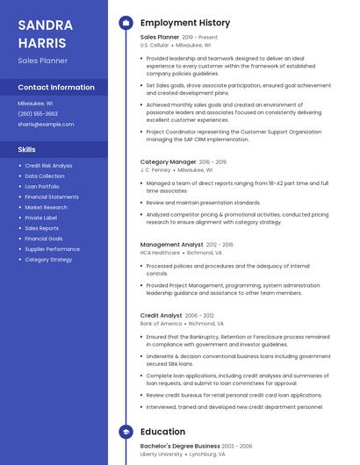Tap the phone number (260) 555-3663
(x=38, y=113)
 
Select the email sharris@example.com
(x=46, y=125)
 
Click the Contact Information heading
(x=56, y=88)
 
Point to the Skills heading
(x=27, y=150)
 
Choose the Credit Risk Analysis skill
(x=48, y=165)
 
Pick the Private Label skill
(x=40, y=218)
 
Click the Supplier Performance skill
(x=52, y=249)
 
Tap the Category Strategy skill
(x=48, y=260)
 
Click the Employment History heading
(x=185, y=23)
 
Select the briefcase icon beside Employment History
(x=126, y=23)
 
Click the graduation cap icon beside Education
(x=126, y=432)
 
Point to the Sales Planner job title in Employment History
(x=160, y=38)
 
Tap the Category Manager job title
(x=168, y=161)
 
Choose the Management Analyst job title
(x=171, y=245)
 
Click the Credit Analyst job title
(x=162, y=315)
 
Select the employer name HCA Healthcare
(x=160, y=253)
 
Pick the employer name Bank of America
(x=162, y=323)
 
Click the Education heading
(x=162, y=432)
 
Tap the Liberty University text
(x=162, y=454)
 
